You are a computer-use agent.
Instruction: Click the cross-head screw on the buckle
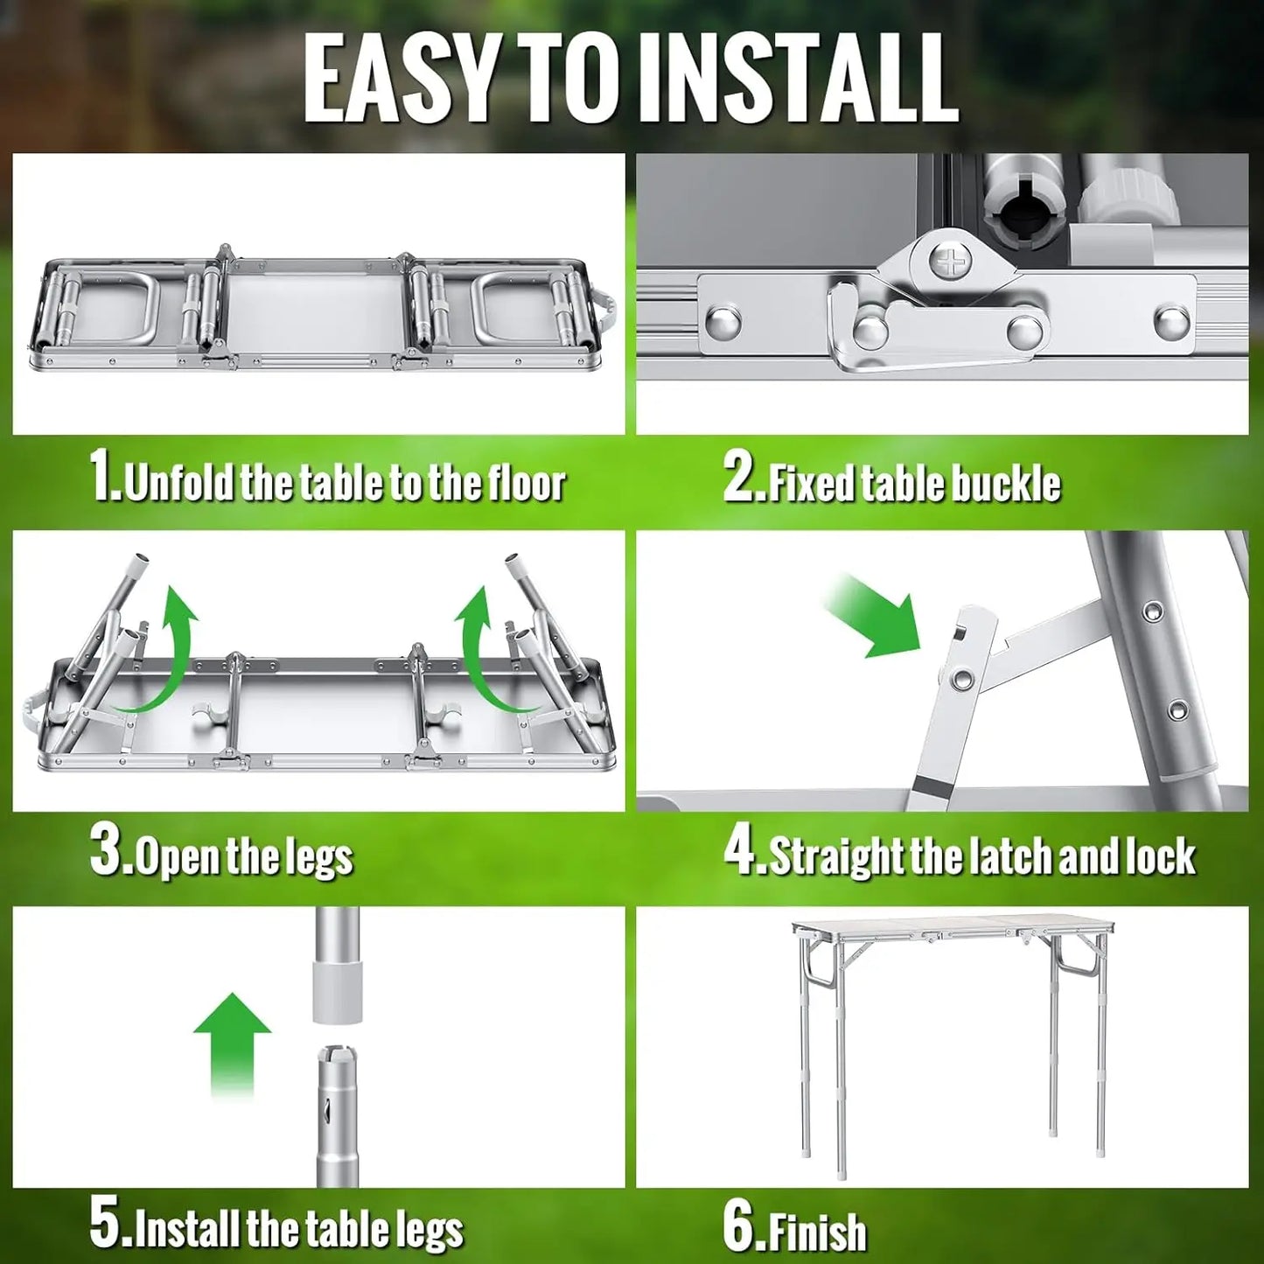(x=947, y=261)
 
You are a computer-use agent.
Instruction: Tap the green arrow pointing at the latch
(x=875, y=617)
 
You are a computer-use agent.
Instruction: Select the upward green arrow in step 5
(x=232, y=1041)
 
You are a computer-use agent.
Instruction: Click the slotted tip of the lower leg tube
(x=338, y=1063)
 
